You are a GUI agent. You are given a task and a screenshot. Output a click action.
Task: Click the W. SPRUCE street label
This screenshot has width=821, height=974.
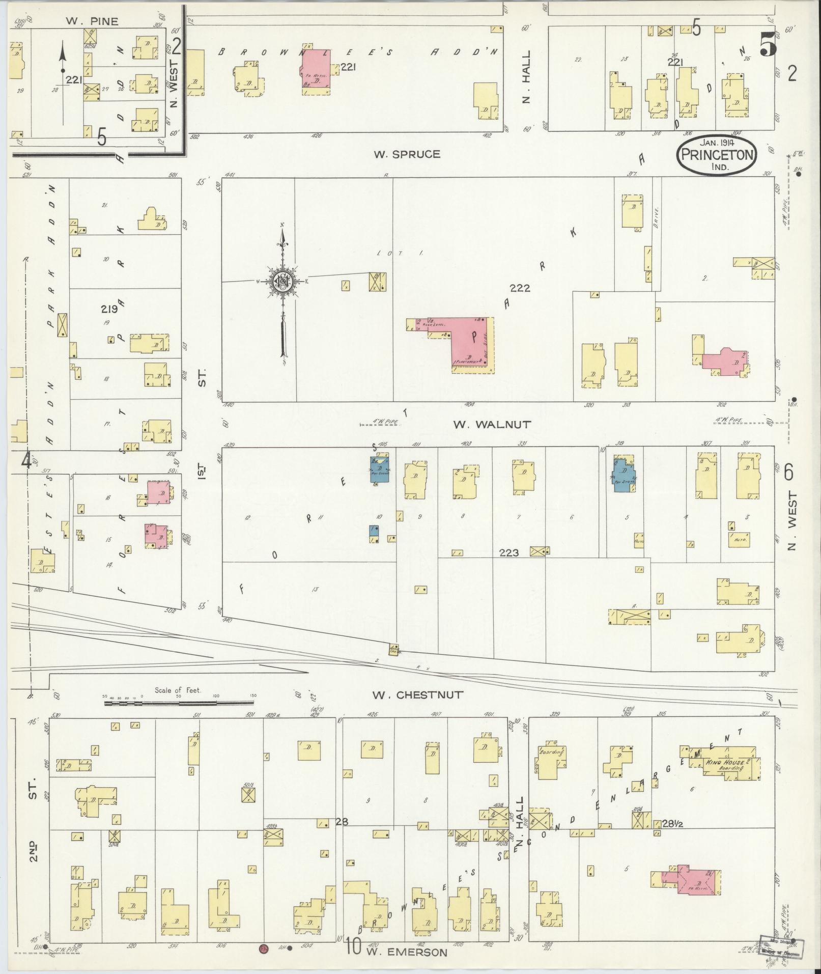(x=407, y=154)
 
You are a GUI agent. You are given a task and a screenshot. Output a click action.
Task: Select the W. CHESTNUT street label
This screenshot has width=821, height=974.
(x=417, y=694)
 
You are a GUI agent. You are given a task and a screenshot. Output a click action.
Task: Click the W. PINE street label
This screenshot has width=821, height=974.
(x=92, y=21)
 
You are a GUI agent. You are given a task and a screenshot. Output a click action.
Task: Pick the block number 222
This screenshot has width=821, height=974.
(x=520, y=288)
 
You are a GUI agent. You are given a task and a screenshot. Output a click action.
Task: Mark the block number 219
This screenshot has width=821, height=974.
(x=109, y=309)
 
